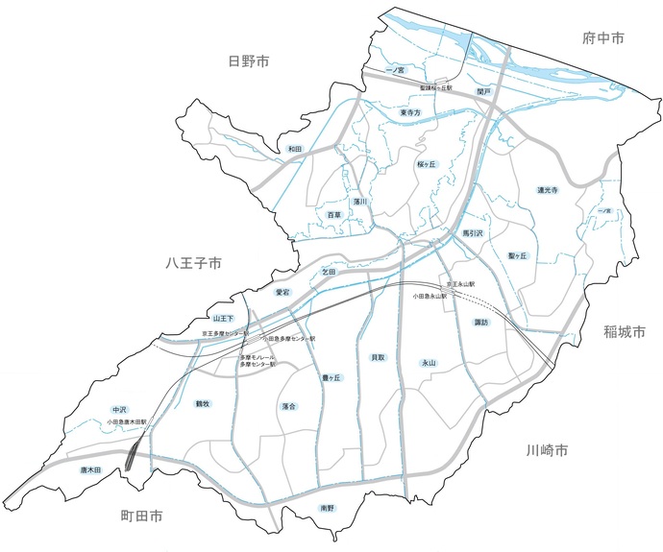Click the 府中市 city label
[603, 38]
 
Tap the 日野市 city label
[248, 61]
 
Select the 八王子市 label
[192, 261]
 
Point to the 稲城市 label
[626, 332]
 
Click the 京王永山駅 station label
[461, 285]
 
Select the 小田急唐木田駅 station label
[128, 421]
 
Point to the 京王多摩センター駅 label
[225, 333]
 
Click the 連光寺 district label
[548, 191]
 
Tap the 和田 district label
[294, 150]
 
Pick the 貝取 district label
[378, 357]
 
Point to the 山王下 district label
[223, 317]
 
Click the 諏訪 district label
[481, 323]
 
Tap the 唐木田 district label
[91, 470]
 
